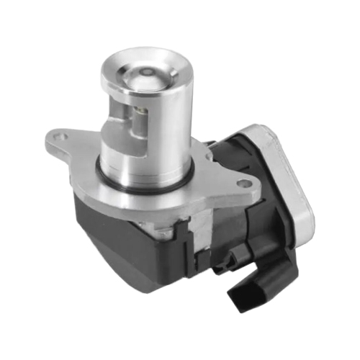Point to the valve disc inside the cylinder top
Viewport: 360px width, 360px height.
click(x=147, y=75)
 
